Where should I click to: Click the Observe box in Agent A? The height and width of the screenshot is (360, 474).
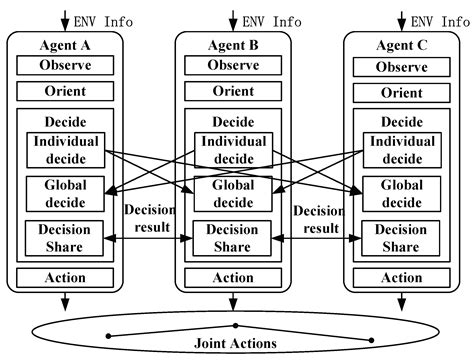pos(65,66)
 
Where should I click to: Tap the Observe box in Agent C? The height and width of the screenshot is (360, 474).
pos(402,67)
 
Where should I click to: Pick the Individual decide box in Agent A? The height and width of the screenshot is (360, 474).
pos(65,149)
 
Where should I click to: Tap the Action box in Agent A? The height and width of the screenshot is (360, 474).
pos(65,278)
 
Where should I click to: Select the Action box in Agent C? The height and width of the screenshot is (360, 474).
pos(402,279)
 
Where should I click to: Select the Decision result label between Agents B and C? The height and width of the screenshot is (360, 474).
pos(318,220)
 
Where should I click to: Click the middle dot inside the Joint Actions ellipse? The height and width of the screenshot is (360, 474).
pos(235,325)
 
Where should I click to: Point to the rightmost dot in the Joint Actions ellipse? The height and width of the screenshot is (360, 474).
pos(371,337)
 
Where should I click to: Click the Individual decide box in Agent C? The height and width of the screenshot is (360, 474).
pos(402,150)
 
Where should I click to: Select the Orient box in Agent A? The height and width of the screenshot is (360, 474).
pos(65,92)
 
